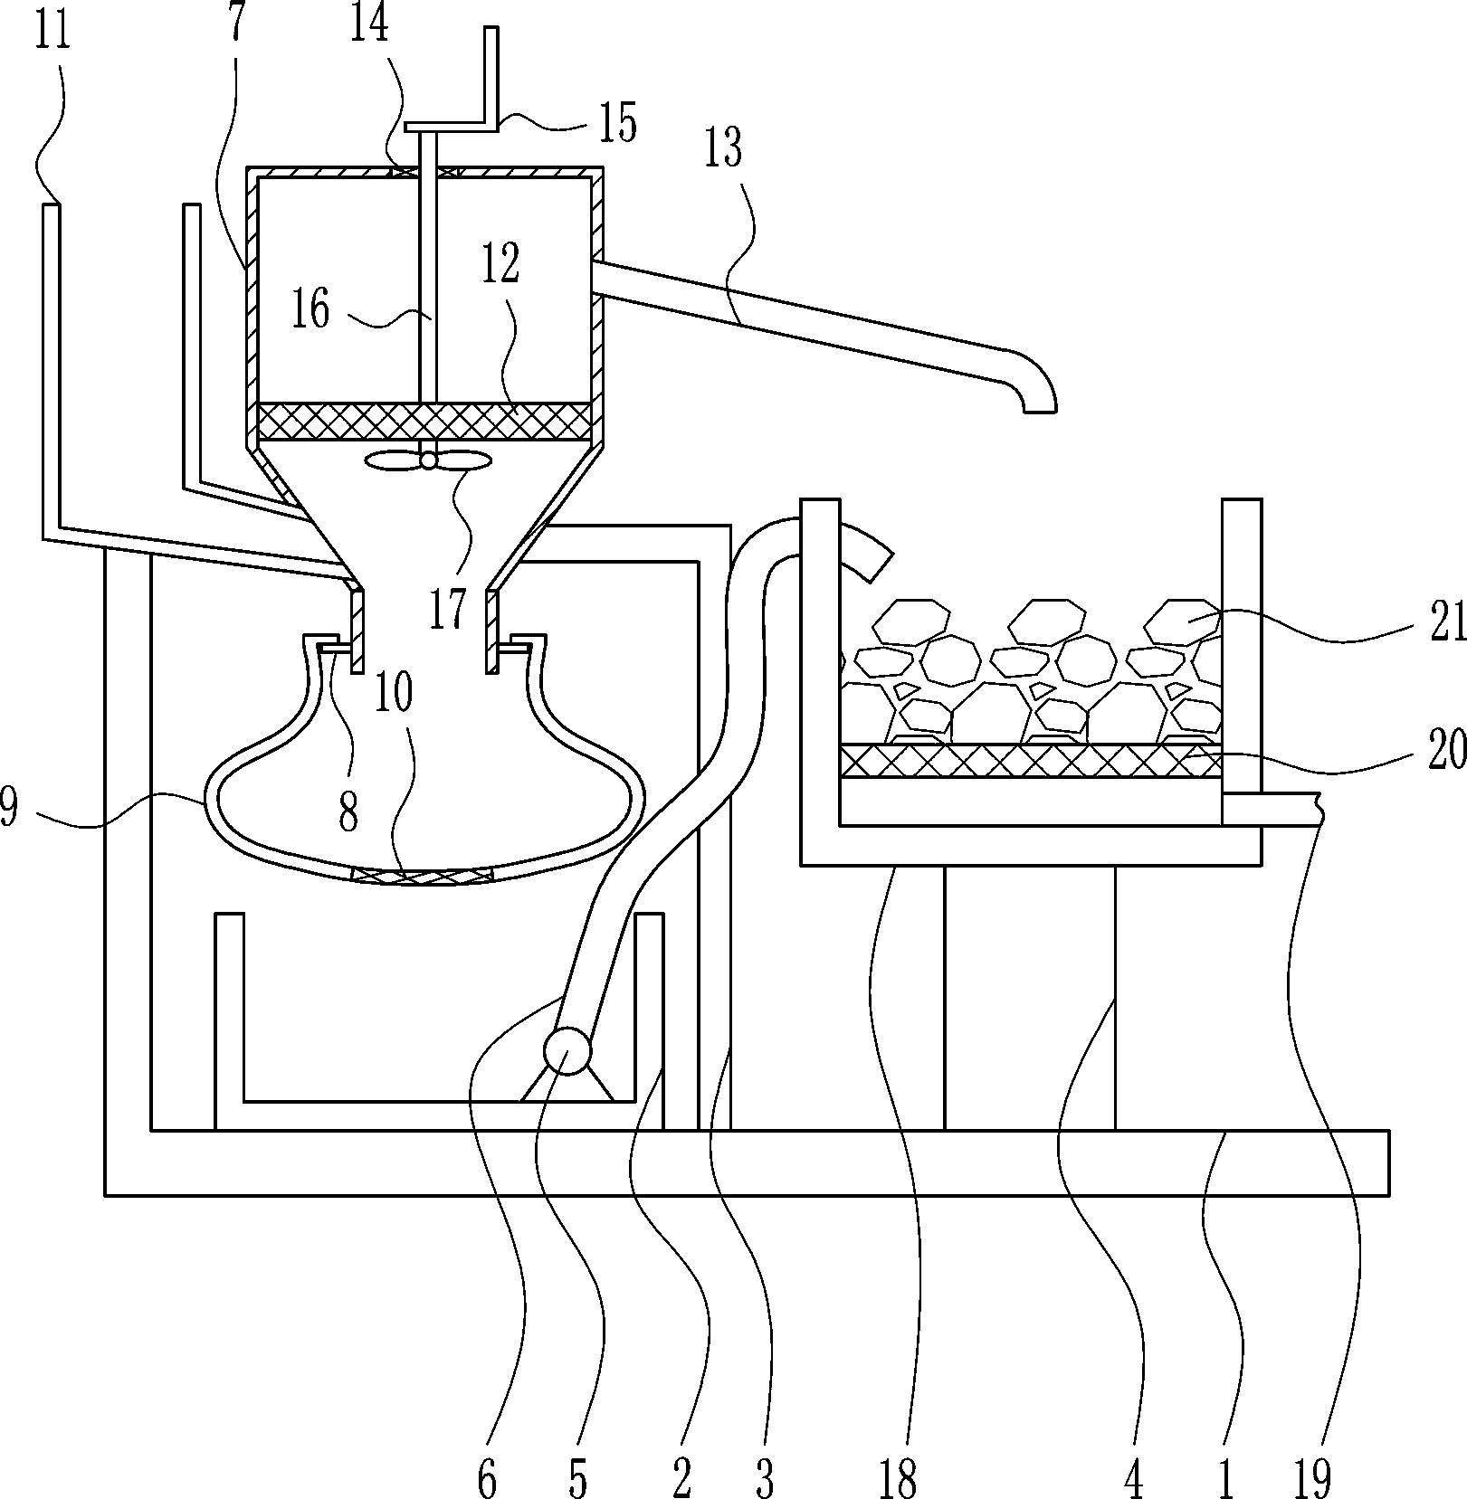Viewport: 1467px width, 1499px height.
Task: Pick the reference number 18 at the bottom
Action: click(x=898, y=1476)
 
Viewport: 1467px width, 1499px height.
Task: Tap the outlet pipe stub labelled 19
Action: click(x=1267, y=809)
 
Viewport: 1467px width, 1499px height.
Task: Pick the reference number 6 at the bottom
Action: click(x=487, y=1476)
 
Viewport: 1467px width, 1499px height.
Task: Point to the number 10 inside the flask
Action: click(x=394, y=692)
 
